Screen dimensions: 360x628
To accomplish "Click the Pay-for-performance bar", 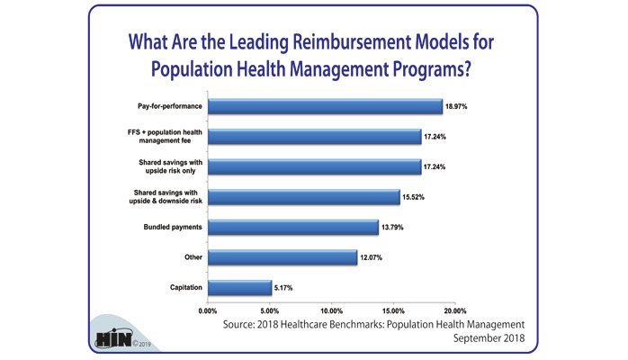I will (x=325, y=105).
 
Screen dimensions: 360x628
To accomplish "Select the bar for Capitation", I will (x=239, y=287).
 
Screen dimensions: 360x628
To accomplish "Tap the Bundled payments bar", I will (x=292, y=227).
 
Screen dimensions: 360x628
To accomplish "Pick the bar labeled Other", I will (x=283, y=257).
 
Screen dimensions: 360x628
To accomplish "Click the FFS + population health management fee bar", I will (x=314, y=136).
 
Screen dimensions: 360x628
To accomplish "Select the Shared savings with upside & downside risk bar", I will (x=303, y=196).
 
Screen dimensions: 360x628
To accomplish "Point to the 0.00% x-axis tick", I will (x=209, y=310).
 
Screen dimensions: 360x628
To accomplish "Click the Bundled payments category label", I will (x=174, y=228).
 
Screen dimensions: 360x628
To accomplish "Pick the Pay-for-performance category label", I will (x=167, y=106).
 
